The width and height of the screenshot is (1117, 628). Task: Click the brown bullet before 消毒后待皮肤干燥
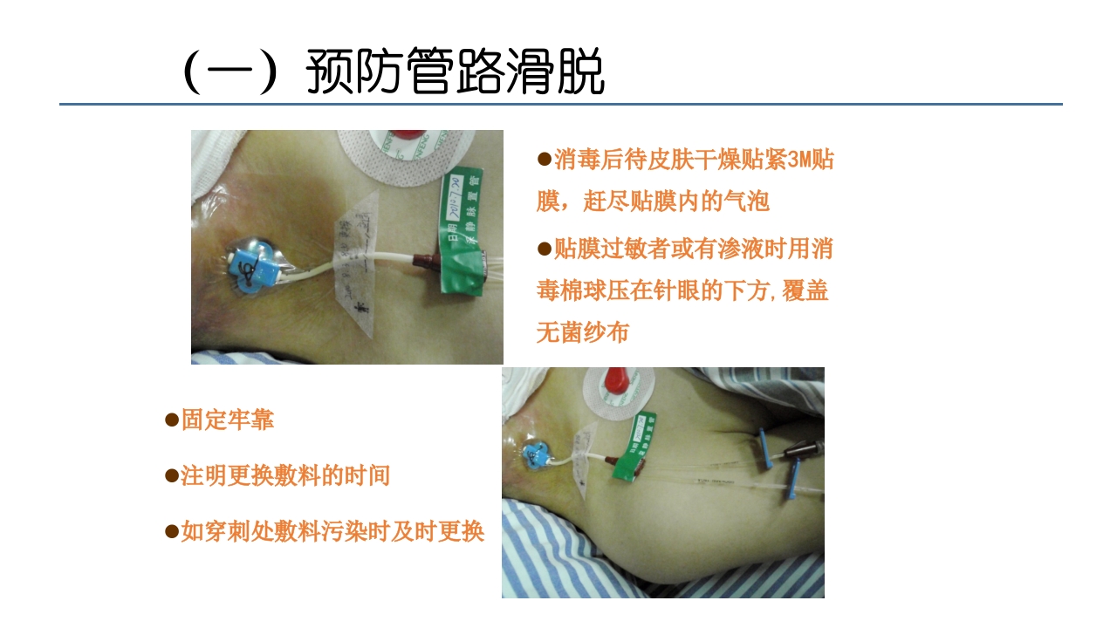tap(544, 159)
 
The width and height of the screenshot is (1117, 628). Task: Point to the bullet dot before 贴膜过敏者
tap(544, 248)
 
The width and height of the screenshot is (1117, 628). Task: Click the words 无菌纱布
tap(582, 332)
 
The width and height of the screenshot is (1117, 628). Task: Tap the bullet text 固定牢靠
tap(227, 420)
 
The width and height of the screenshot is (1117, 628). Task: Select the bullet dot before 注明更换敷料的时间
tap(172, 475)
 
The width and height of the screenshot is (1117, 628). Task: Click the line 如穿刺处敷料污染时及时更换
tap(332, 531)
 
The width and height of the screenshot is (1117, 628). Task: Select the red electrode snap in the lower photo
tap(618, 380)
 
